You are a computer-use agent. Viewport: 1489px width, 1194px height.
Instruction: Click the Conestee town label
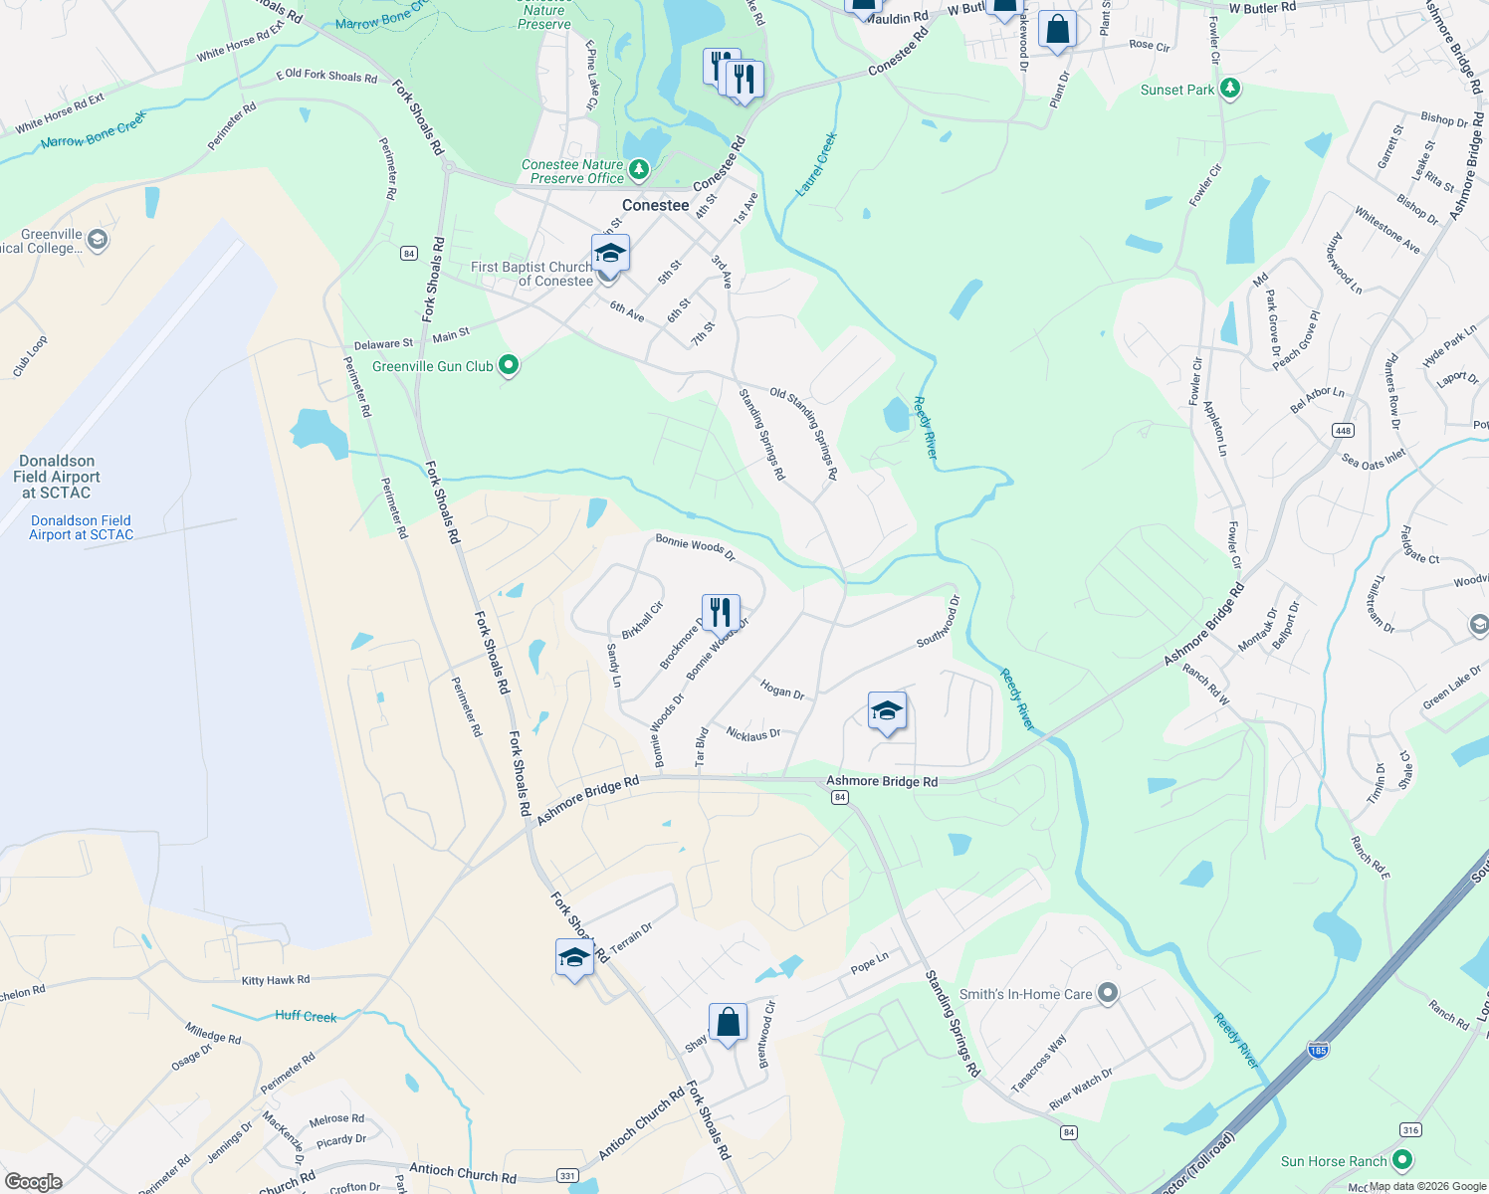click(655, 205)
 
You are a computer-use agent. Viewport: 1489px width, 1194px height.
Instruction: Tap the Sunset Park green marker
click(1230, 90)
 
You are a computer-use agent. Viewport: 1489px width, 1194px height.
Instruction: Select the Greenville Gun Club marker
click(509, 366)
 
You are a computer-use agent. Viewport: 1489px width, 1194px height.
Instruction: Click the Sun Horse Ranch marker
click(1402, 1160)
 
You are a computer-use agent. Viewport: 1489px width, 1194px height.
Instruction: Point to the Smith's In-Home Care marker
click(1108, 993)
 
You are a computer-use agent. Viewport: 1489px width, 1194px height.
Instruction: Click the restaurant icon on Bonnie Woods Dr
click(721, 612)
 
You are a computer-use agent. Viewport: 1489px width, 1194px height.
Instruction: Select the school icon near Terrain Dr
click(574, 957)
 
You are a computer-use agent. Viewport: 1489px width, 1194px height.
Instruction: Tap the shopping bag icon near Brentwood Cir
click(728, 1022)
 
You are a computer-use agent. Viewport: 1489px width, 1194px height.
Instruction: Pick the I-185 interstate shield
click(1318, 1050)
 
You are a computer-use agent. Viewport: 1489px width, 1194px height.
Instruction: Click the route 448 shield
click(1343, 430)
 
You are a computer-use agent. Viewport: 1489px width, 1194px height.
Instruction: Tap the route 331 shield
click(567, 1175)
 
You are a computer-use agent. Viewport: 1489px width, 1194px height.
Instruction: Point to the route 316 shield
click(1410, 1129)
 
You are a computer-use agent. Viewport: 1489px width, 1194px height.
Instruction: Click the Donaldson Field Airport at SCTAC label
click(57, 477)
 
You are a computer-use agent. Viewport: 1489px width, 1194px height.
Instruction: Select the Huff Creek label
click(306, 1016)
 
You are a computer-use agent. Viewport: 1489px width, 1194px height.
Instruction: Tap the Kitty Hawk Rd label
click(276, 980)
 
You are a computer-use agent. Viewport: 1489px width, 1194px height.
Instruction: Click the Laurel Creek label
click(817, 164)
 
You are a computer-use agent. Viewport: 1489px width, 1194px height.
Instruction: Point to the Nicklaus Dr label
click(753, 734)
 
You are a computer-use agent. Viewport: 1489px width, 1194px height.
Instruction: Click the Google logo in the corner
click(33, 1181)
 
